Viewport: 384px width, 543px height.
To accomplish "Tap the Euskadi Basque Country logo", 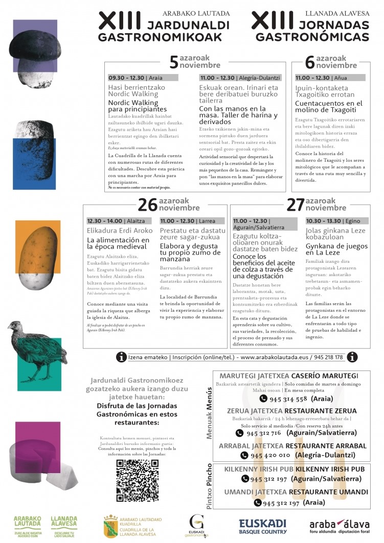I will click(x=262, y=526).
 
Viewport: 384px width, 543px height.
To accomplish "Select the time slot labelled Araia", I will click(x=143, y=78).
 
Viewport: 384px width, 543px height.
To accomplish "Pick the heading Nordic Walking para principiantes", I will click(x=137, y=106).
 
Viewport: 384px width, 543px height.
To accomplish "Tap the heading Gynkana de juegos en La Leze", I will click(x=336, y=250).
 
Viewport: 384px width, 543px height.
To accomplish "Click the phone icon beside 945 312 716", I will click(x=239, y=433).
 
